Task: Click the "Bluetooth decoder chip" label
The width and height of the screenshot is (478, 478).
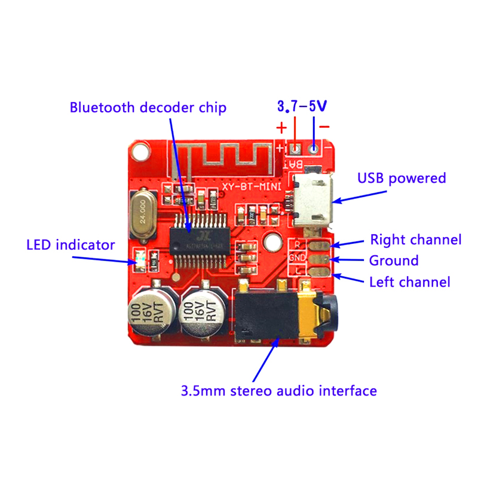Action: [140, 108]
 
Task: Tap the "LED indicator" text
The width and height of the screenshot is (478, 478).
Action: [71, 245]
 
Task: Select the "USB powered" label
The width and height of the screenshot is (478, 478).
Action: [402, 178]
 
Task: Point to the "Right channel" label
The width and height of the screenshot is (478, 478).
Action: [416, 240]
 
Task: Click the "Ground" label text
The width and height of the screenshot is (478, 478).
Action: [394, 261]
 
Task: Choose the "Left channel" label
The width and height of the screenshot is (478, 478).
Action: [410, 281]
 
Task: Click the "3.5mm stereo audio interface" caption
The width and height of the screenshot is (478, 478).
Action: [279, 391]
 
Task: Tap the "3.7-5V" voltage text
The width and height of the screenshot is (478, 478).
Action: [302, 107]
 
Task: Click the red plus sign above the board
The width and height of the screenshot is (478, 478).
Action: [281, 128]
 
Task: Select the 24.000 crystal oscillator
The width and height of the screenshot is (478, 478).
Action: [143, 213]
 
